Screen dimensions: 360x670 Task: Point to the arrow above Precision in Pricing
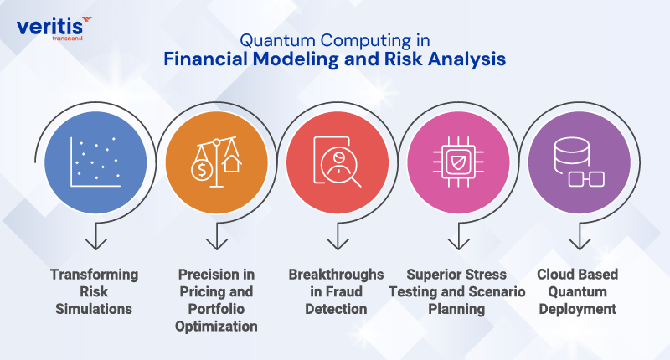(x=216, y=240)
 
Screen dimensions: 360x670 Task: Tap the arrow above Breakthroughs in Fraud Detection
(x=337, y=240)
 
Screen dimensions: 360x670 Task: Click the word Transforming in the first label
(x=94, y=275)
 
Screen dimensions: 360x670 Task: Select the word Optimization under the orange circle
(x=216, y=326)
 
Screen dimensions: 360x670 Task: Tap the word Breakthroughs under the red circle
(x=336, y=275)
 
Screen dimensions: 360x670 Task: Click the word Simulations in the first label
(x=94, y=309)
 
